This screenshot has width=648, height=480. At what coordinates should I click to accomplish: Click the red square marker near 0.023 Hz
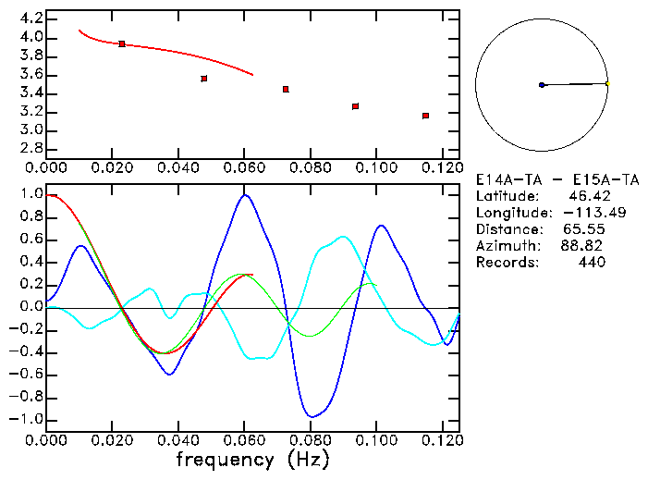(x=122, y=43)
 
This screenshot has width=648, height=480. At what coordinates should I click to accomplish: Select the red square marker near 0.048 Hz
(x=204, y=79)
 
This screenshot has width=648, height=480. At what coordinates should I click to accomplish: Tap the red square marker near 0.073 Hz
(x=286, y=89)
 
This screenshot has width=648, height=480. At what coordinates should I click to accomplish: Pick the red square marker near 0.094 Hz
(x=355, y=106)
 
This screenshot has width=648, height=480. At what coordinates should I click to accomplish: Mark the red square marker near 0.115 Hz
(x=425, y=116)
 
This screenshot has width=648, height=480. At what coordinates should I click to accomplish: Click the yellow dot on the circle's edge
(x=607, y=84)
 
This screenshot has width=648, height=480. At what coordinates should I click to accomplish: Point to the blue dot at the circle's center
(x=542, y=85)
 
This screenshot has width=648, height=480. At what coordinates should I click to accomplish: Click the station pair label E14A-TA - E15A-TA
(x=541, y=180)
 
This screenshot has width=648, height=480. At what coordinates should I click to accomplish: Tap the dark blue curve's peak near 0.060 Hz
(x=245, y=195)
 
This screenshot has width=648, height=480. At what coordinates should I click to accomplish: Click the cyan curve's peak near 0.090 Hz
(x=344, y=237)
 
